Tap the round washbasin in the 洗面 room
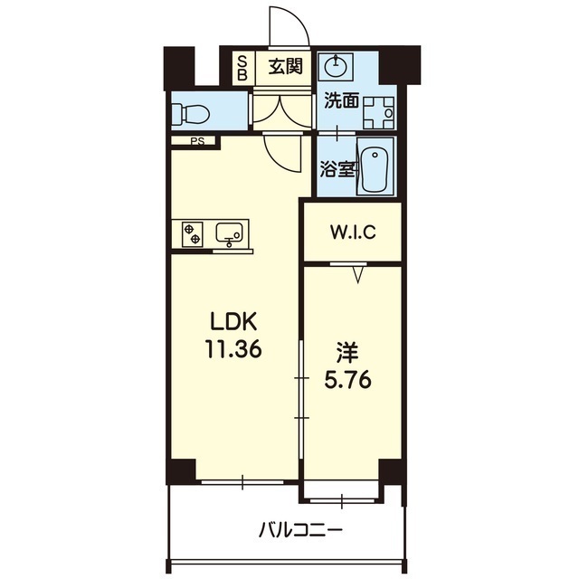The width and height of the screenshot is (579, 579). (336, 66)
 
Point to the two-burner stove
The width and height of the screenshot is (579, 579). (193, 234)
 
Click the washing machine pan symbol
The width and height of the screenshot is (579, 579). (379, 112)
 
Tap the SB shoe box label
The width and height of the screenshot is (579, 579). (242, 68)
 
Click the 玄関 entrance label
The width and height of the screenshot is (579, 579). (286, 67)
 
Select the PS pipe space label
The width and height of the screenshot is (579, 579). (197, 141)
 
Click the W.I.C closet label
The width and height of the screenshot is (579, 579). (353, 233)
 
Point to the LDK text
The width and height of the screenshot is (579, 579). (233, 322)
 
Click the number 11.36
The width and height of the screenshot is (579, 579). (233, 349)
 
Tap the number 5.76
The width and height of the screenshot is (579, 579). (348, 380)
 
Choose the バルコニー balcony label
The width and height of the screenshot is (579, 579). (300, 531)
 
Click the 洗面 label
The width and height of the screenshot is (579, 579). (342, 100)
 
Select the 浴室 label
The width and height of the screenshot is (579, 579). (337, 169)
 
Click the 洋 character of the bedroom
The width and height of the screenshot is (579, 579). (347, 352)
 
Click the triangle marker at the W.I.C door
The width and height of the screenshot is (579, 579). (357, 275)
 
